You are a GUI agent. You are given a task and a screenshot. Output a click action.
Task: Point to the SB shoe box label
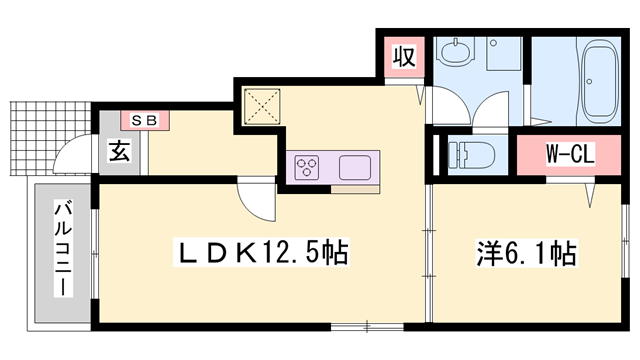click(x=146, y=120)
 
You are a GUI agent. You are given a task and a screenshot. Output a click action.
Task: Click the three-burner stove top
click(x=307, y=165)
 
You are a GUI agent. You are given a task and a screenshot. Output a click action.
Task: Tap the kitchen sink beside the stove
click(x=356, y=166)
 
